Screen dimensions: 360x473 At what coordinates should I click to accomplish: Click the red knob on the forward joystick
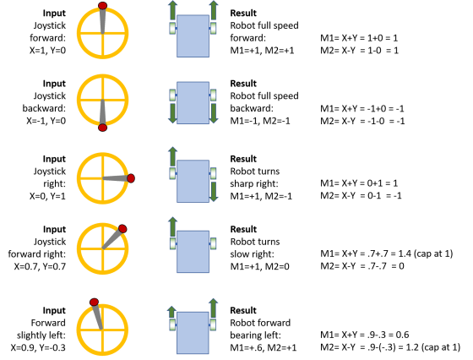pos(102,6)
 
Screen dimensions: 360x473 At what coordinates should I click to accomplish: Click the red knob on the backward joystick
pos(102,128)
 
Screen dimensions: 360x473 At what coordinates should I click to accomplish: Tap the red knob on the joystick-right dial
pos(132,177)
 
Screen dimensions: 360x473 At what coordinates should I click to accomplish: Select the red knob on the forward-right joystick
pos(122,228)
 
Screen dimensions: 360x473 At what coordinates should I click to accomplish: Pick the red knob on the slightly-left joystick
pos(94,300)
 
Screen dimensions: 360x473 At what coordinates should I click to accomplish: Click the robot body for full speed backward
pos(193,103)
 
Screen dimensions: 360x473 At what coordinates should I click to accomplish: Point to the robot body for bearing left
pos(193,324)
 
